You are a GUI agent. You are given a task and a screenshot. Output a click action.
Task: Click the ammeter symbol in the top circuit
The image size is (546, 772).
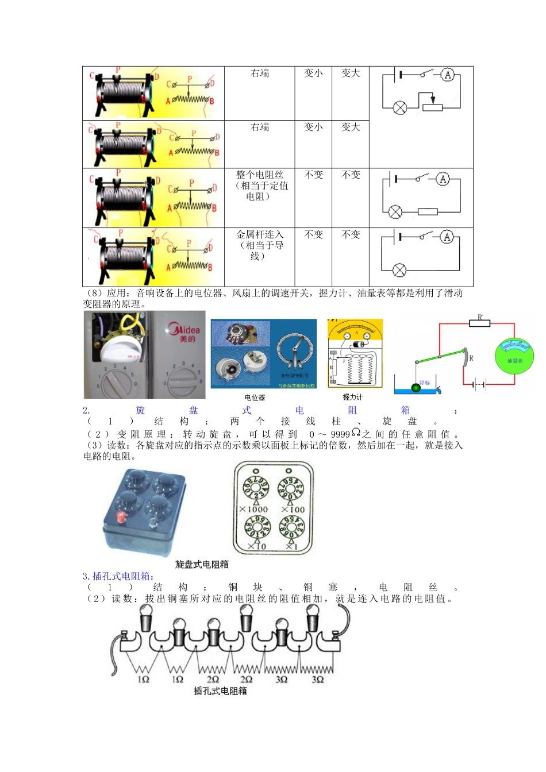(448, 75)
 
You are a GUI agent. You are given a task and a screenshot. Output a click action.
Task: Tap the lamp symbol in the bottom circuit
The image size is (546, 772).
(399, 270)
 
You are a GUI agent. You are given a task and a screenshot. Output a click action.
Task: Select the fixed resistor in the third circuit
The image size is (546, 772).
(428, 212)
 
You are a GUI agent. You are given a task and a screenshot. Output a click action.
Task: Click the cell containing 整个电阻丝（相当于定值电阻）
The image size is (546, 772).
(259, 186)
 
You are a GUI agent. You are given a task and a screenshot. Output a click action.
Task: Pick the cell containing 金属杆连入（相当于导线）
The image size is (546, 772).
(259, 245)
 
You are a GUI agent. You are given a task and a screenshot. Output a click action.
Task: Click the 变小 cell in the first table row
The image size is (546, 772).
(313, 74)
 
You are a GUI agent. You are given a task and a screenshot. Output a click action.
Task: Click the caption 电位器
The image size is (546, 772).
(255, 397)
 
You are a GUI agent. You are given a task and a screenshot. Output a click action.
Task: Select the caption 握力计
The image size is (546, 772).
(352, 397)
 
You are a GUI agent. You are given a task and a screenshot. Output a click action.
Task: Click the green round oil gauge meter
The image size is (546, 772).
(514, 357)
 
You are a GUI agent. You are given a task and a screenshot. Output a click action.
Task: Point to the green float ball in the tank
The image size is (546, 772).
(416, 388)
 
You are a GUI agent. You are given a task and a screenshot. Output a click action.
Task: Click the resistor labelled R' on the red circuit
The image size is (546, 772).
(480, 323)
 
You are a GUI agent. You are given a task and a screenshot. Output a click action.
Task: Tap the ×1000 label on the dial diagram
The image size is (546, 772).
(253, 509)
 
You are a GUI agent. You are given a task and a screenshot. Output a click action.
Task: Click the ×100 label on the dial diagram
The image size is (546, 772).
(293, 509)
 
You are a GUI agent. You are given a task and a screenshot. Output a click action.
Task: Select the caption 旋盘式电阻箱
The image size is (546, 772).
(202, 565)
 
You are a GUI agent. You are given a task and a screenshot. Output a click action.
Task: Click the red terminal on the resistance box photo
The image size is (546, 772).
(121, 517)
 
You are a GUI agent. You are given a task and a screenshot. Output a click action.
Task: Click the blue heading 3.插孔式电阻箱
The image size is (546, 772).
(118, 576)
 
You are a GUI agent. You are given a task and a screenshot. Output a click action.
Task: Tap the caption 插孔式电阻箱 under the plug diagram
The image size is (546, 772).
(220, 691)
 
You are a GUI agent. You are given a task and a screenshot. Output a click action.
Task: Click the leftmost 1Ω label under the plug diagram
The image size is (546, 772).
(143, 680)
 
